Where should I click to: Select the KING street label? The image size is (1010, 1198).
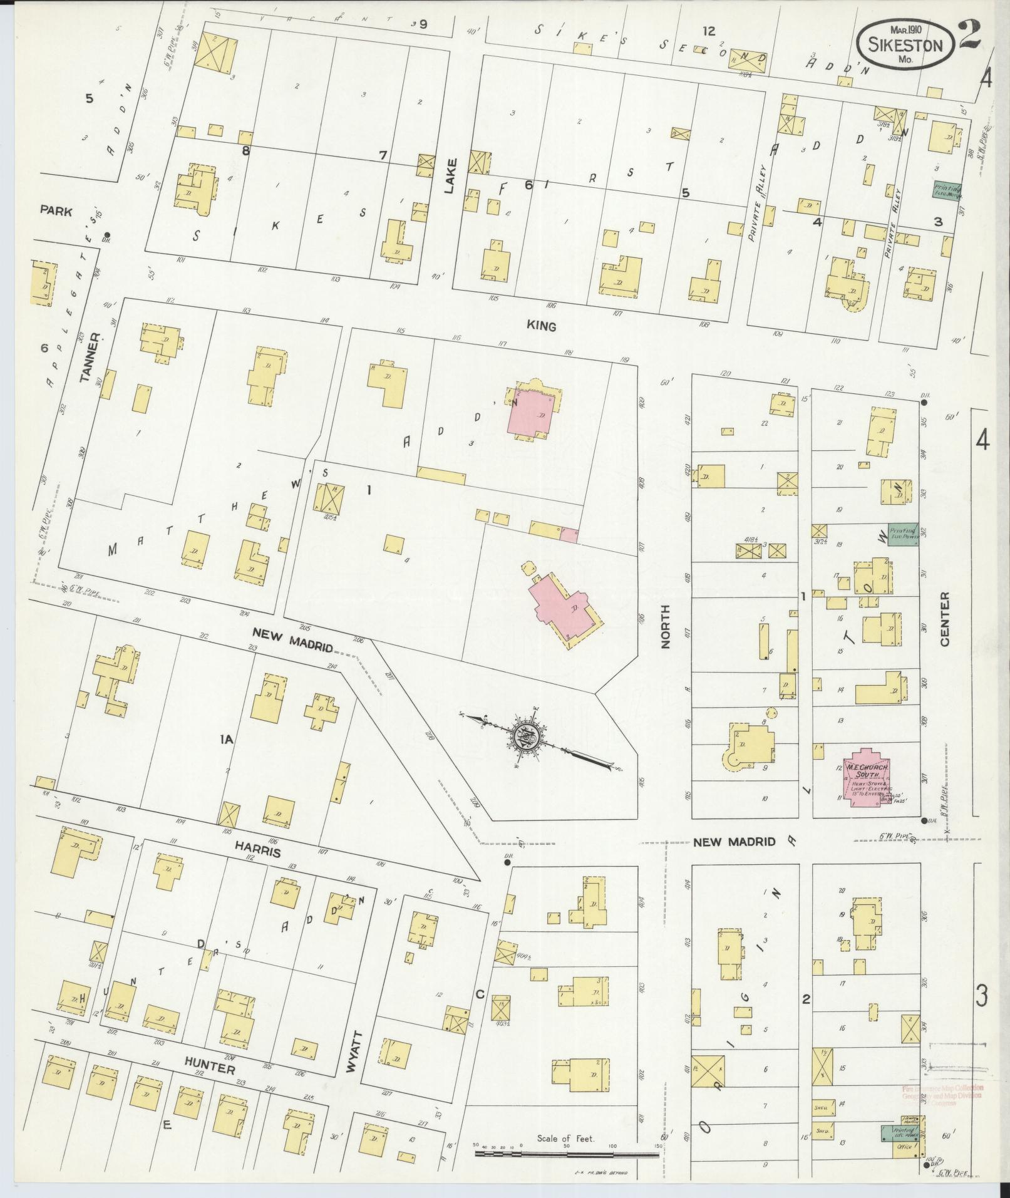click(x=542, y=326)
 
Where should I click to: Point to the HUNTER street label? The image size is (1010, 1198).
click(x=209, y=1070)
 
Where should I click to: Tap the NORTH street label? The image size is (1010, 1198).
click(x=665, y=626)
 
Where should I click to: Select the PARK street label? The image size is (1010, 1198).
click(x=56, y=211)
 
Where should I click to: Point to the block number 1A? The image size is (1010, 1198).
click(x=226, y=740)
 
